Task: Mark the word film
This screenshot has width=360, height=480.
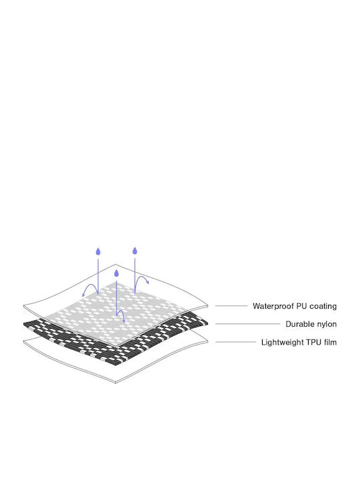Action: click(331, 342)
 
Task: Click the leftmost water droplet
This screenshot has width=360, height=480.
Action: click(98, 251)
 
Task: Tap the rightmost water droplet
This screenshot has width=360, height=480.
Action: click(135, 251)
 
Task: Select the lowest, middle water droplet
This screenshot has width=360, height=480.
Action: click(116, 273)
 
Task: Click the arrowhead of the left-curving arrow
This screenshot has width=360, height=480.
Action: click(83, 295)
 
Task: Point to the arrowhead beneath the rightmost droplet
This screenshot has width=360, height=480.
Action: click(147, 282)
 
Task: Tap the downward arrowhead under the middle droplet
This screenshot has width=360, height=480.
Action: click(124, 321)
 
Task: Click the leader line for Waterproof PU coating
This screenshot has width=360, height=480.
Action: click(231, 306)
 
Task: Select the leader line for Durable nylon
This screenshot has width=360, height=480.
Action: click(247, 323)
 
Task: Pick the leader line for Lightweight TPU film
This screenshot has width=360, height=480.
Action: click(236, 342)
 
